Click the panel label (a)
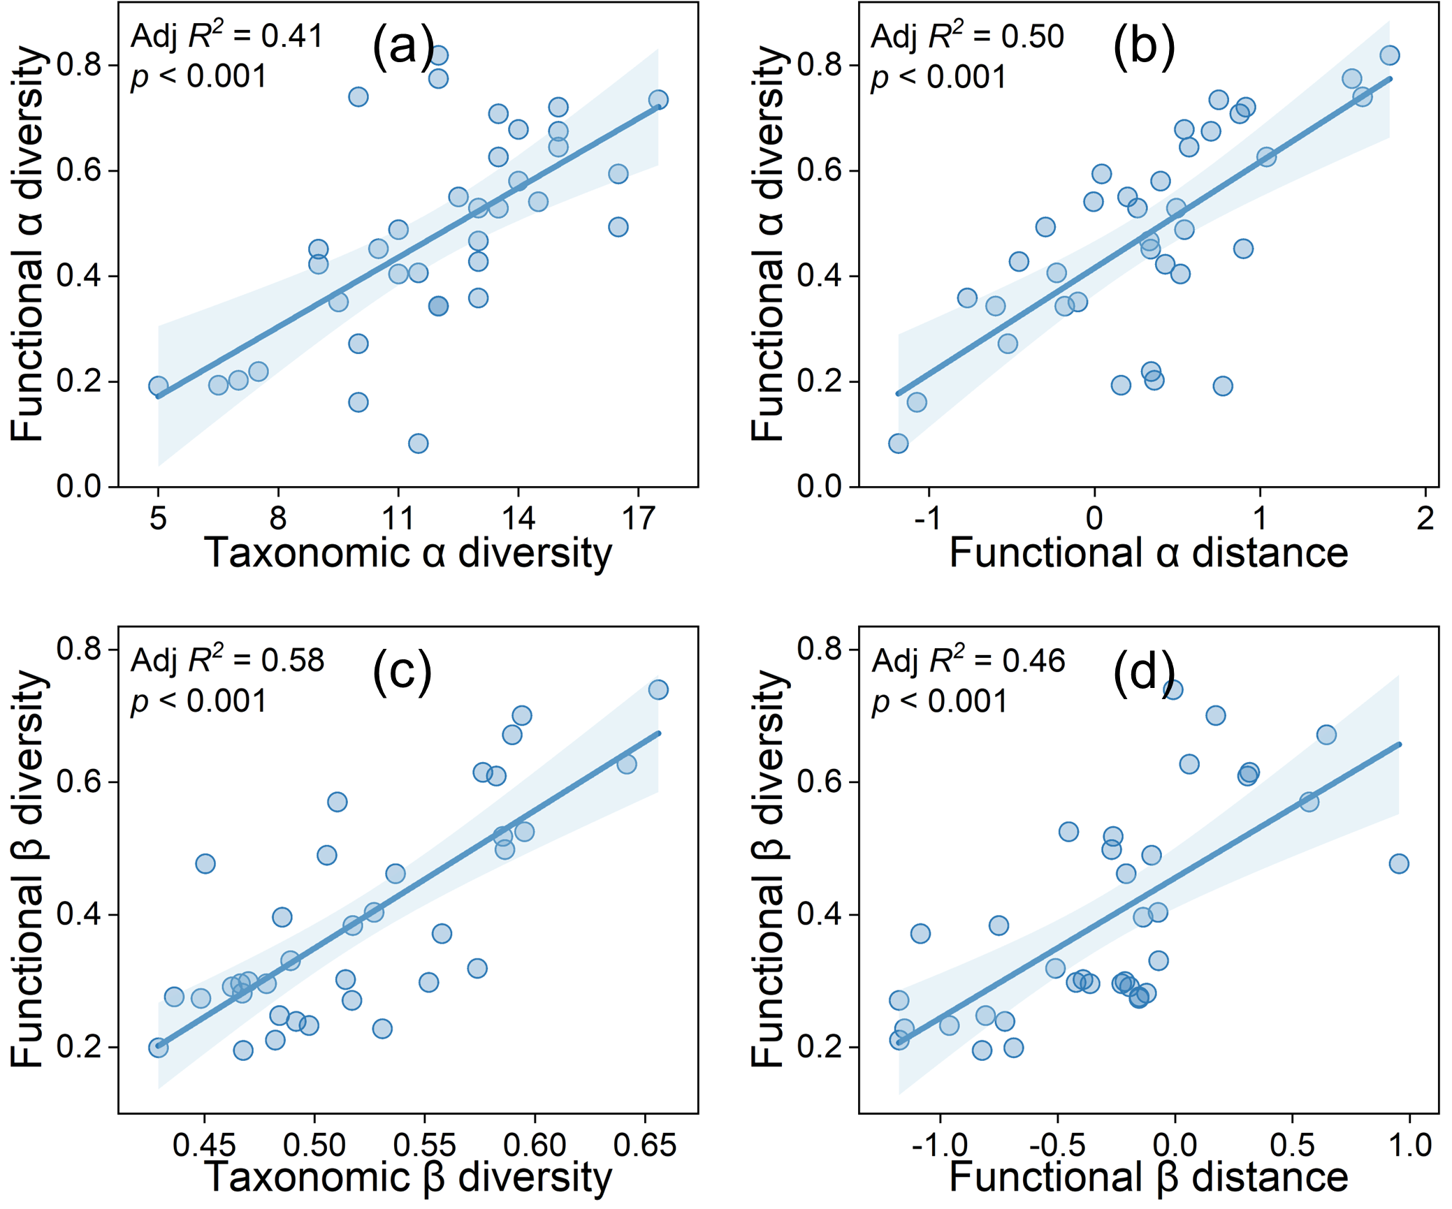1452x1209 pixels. [x=403, y=46]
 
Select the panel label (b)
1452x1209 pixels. [x=1144, y=46]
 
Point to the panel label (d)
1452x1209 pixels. [x=1144, y=671]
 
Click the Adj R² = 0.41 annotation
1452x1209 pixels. [x=226, y=36]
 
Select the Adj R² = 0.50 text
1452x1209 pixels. [x=967, y=36]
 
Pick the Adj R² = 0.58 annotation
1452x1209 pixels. [x=227, y=661]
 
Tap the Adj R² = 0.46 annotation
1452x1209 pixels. [x=968, y=661]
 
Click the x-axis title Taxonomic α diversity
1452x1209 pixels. [x=408, y=553]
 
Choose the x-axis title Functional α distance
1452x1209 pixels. [x=1149, y=553]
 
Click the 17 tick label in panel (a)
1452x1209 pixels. [x=638, y=519]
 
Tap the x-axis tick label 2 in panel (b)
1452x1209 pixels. [x=1425, y=519]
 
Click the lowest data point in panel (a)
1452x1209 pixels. [x=418, y=444]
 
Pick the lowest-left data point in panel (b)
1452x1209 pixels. [x=898, y=444]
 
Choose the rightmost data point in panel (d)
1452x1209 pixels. [x=1398, y=864]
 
